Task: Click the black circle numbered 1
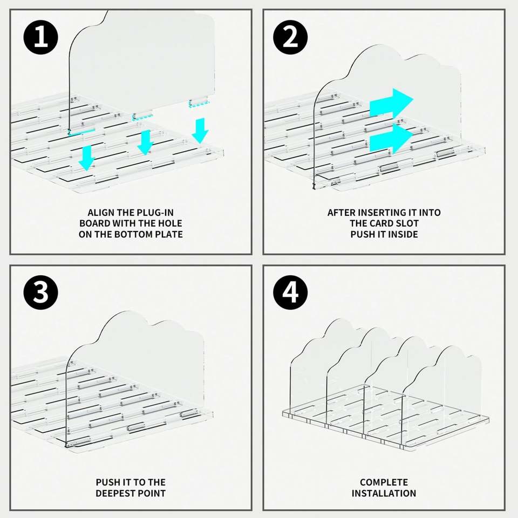(40, 37)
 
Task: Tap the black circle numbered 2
(290, 37)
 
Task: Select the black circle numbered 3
(40, 292)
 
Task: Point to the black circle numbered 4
(290, 292)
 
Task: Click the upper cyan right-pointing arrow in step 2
(392, 103)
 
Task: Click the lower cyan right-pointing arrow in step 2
(392, 139)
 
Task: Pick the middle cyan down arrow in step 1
(145, 142)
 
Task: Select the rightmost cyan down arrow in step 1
(200, 131)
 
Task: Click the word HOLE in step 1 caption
(170, 223)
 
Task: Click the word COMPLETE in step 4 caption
(384, 482)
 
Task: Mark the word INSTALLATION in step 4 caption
(384, 493)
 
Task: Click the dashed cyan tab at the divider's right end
(200, 104)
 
